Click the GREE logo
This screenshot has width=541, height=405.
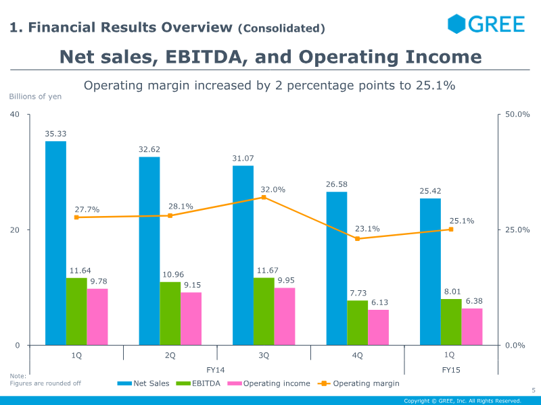click(486, 24)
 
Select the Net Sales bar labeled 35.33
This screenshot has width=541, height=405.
click(55, 243)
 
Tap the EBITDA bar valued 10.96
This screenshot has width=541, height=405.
click(170, 313)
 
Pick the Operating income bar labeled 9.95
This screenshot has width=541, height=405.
click(285, 316)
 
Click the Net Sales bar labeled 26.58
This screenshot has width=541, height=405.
click(337, 269)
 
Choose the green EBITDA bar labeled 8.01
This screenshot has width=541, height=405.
click(450, 322)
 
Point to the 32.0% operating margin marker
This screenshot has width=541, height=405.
click(264, 197)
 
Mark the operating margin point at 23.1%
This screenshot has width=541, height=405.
click(357, 238)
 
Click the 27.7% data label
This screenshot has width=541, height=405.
click(87, 210)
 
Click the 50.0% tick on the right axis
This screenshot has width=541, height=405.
click(517, 114)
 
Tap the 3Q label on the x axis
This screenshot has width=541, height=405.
click(264, 355)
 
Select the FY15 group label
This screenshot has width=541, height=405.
click(451, 370)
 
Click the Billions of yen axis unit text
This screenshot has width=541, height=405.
click(35, 97)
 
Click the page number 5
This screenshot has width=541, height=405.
click(533, 389)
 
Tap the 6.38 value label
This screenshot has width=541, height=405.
click(471, 301)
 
